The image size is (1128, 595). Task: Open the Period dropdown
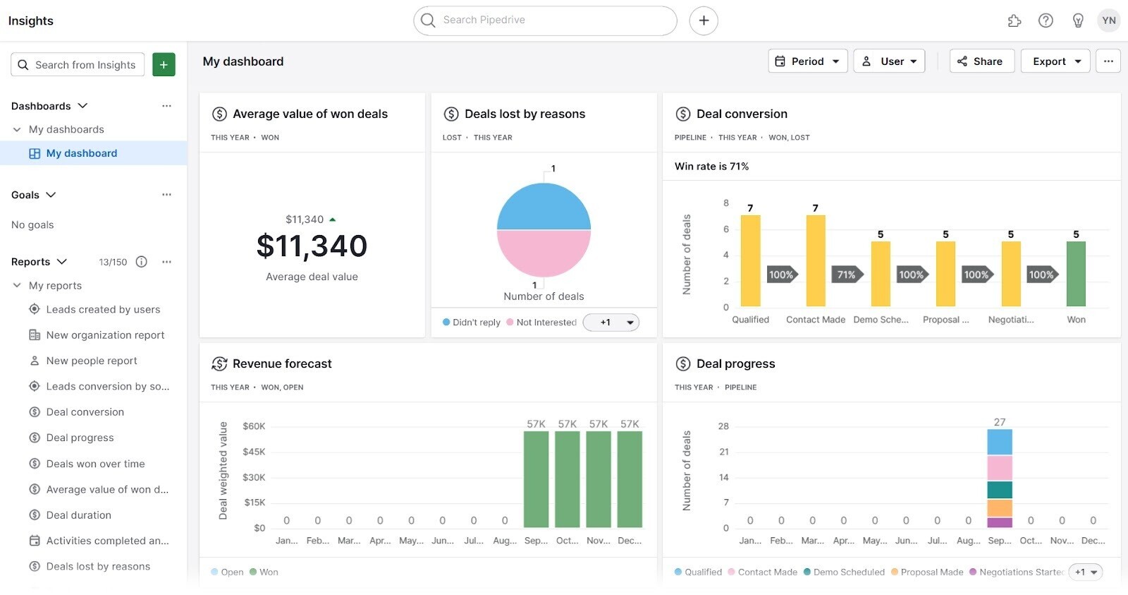(807, 61)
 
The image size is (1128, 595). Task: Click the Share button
(981, 61)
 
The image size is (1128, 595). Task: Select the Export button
(1055, 61)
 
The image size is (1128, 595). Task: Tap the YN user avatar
(1108, 20)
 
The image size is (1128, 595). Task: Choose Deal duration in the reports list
(78, 515)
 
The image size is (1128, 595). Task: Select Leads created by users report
(103, 309)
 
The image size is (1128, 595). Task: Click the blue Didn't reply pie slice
(544, 207)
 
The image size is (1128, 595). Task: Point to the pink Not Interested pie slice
(544, 252)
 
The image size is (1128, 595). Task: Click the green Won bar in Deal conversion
(1075, 274)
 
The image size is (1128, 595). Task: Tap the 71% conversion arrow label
(846, 275)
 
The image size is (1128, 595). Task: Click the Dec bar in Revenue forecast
(629, 479)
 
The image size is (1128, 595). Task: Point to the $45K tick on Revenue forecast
(254, 452)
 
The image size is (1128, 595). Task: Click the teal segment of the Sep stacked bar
(999, 490)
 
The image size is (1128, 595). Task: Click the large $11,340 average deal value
(312, 246)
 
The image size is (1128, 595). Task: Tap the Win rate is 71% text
(711, 167)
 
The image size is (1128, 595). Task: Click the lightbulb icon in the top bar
(1077, 20)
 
